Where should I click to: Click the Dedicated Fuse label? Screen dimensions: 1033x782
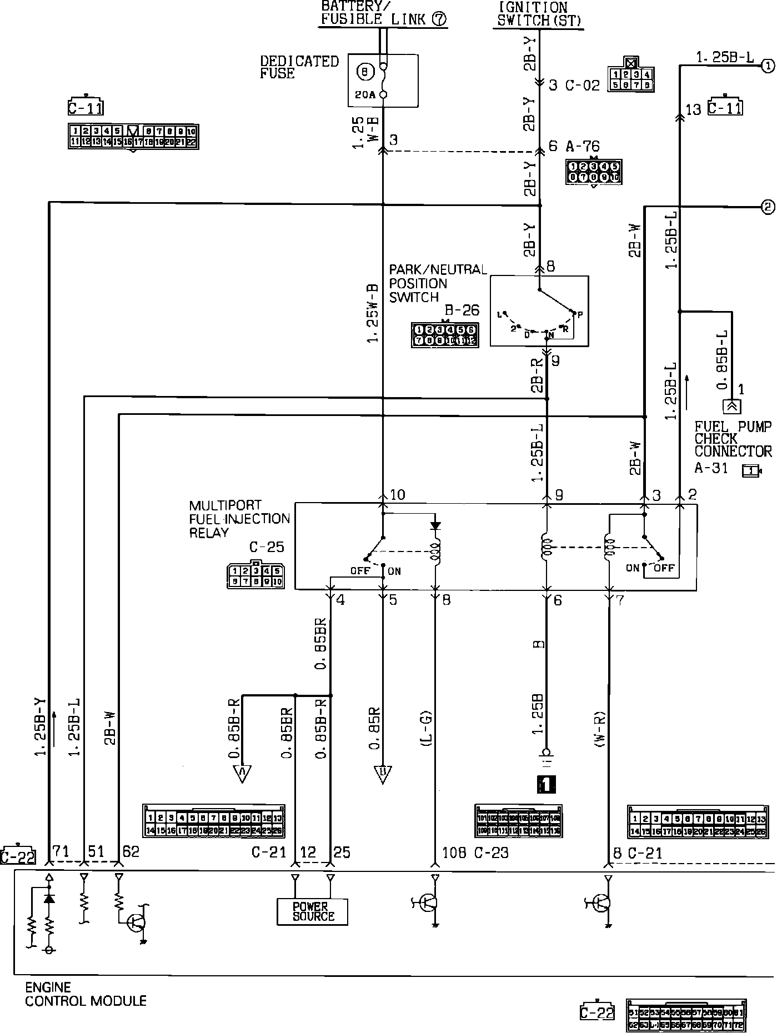[x=299, y=67]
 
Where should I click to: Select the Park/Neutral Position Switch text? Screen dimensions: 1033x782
[x=437, y=283]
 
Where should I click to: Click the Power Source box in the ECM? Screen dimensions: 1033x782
[x=312, y=911]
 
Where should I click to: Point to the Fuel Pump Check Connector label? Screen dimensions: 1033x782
[x=733, y=439]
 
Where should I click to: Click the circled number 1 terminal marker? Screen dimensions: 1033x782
[x=768, y=66]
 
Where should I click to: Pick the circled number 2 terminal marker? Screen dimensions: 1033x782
[x=768, y=207]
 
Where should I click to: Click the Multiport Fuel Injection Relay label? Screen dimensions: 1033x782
[x=239, y=519]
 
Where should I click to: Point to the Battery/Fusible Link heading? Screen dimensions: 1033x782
[x=383, y=13]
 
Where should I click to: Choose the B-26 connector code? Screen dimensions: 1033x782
[x=462, y=310]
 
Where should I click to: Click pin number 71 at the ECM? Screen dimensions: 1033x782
[x=61, y=851]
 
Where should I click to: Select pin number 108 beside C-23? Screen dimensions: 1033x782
[x=454, y=853]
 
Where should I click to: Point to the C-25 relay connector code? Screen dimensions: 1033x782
[x=267, y=547]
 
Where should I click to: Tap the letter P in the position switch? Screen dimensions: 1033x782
[x=580, y=315]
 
